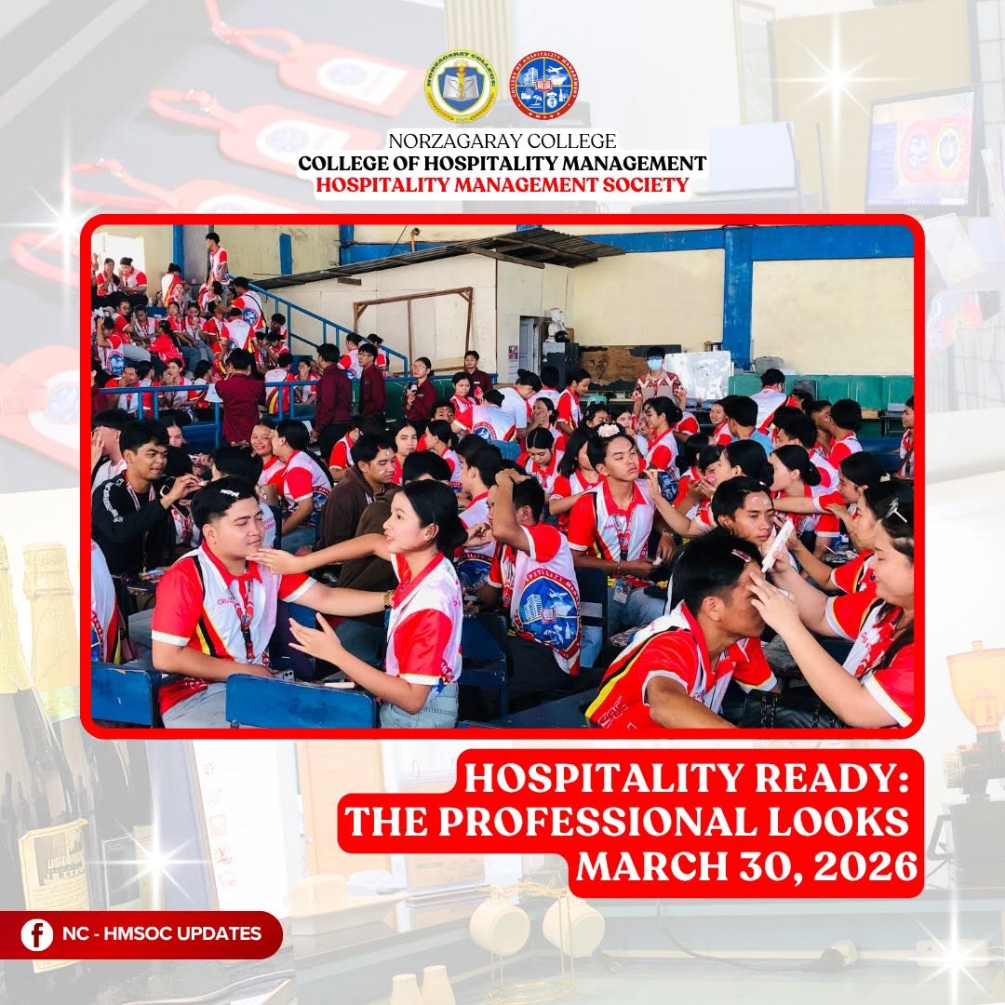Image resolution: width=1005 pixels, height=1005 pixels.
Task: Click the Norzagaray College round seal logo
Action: pos(462,87)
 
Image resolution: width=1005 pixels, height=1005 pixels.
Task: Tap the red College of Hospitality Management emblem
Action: pos(544,86)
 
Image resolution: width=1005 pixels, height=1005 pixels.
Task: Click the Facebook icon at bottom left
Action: pos(36,934)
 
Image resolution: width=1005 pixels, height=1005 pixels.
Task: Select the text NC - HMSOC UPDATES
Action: pos(162,933)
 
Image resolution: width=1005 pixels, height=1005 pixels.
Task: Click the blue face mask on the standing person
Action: pos(654,365)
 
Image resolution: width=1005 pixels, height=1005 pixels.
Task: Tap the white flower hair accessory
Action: pos(608,430)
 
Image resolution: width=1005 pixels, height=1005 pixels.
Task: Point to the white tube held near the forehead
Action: pos(777,544)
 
